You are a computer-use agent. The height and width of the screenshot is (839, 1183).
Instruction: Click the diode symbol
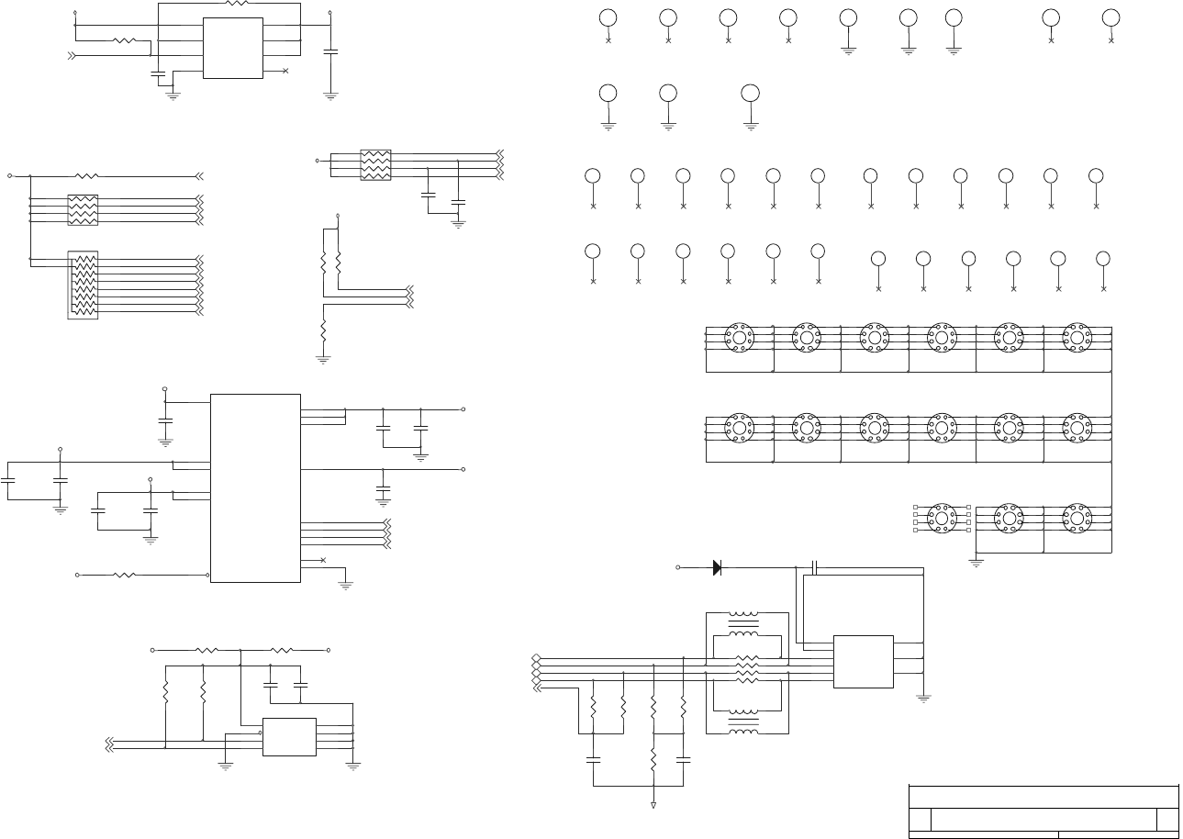click(x=717, y=567)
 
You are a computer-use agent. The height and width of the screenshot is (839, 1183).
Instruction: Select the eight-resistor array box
click(x=83, y=285)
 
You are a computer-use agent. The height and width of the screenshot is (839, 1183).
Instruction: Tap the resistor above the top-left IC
click(x=237, y=4)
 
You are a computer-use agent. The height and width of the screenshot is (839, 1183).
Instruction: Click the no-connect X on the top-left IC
click(x=285, y=71)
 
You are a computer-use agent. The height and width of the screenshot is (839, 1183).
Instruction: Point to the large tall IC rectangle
click(x=255, y=487)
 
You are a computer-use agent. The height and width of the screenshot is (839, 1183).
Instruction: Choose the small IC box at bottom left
click(x=289, y=736)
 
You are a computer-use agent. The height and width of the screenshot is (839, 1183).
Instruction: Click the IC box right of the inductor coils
click(x=863, y=661)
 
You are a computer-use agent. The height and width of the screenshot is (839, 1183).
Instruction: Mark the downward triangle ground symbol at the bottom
click(x=653, y=805)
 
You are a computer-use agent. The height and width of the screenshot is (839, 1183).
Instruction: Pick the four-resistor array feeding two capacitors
click(x=375, y=164)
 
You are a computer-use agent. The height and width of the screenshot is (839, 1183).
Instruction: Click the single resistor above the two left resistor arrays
click(x=86, y=174)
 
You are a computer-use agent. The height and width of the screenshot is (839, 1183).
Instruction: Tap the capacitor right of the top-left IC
click(x=330, y=51)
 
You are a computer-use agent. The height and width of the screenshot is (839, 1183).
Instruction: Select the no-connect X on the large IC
click(x=323, y=559)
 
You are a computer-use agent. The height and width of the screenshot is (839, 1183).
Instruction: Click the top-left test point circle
click(x=608, y=17)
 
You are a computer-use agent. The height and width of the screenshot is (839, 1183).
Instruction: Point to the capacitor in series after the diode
click(x=815, y=567)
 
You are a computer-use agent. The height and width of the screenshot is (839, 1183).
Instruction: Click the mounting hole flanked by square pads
click(x=942, y=519)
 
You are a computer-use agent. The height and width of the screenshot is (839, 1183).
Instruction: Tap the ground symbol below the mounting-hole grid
click(x=976, y=563)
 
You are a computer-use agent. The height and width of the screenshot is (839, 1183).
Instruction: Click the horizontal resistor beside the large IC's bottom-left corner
click(x=124, y=575)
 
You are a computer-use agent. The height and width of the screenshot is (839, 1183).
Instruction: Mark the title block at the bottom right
click(x=1043, y=811)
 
